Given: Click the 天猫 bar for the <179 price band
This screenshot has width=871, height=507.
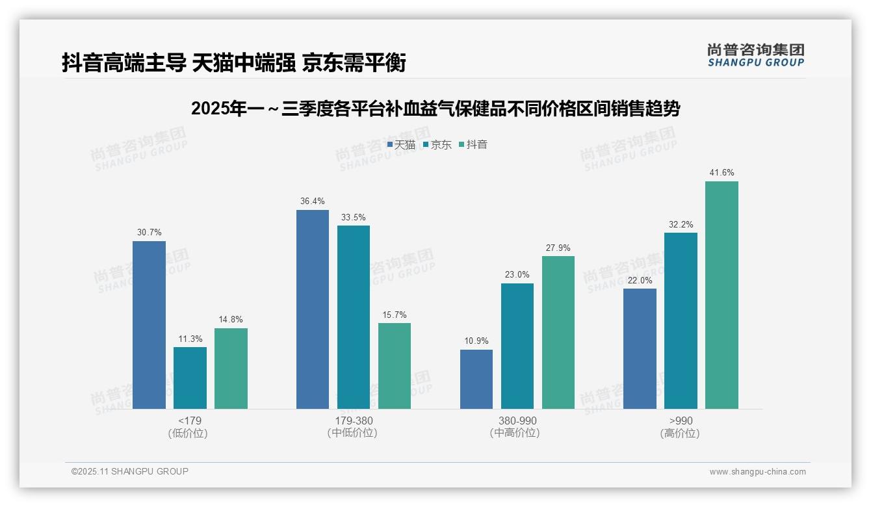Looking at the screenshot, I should [149, 325].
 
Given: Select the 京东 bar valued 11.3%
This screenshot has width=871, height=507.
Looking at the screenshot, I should [190, 378].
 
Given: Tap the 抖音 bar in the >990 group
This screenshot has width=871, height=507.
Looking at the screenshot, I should [721, 295].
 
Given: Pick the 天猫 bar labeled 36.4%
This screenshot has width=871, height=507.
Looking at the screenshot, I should [313, 309].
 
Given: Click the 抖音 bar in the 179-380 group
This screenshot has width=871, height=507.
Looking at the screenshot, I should [395, 366].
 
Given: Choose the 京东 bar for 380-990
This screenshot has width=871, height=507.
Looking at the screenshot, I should [517, 346].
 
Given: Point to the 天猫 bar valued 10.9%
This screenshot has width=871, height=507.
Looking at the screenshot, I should [476, 379].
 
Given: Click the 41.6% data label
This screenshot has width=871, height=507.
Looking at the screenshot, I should [721, 173].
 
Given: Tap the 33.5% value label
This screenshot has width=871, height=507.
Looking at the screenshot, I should [354, 217].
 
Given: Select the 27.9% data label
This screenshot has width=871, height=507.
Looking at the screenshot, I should [558, 248].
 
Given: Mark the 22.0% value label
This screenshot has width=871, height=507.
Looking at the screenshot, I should [640, 280].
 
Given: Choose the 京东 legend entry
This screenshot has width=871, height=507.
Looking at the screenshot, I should [437, 145].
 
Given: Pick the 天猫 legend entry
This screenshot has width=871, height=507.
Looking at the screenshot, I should [401, 145].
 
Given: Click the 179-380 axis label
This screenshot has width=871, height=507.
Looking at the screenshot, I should [354, 421].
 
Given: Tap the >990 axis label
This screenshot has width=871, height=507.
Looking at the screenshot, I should [681, 421].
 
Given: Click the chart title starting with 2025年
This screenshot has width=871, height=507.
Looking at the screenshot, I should [435, 109].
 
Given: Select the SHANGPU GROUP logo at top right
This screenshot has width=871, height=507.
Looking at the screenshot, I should [755, 55].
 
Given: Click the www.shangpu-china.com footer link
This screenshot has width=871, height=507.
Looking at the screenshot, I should [757, 472].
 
